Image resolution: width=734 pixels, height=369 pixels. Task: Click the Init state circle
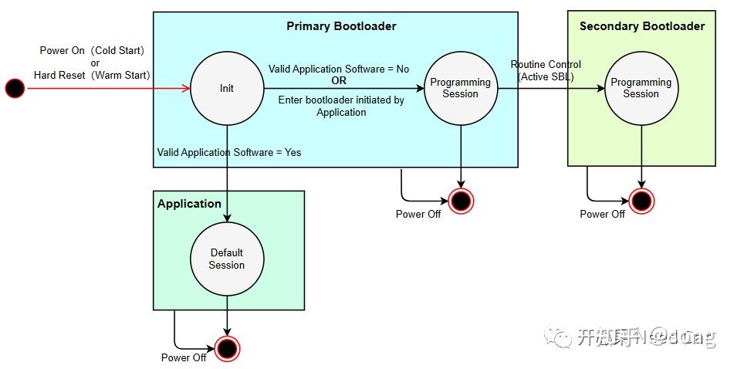[227, 89]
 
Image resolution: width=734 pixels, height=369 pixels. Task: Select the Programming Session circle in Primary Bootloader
[461, 89]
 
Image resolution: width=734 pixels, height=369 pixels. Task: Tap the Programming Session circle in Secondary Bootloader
[641, 89]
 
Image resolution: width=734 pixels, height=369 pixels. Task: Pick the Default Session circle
[227, 259]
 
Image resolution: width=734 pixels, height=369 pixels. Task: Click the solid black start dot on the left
[15, 89]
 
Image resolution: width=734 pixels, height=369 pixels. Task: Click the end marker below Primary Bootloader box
[461, 201]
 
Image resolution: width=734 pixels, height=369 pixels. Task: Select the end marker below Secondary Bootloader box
[641, 201]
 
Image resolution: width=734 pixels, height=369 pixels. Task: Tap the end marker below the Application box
[227, 349]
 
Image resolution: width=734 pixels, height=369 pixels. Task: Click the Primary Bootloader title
[341, 26]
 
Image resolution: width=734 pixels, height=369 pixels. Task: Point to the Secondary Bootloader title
[642, 26]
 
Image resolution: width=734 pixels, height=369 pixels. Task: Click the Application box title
[189, 204]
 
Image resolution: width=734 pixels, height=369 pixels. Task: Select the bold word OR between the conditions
[339, 80]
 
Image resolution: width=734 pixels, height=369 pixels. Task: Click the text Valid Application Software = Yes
[229, 152]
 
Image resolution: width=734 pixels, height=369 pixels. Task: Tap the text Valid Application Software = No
[339, 69]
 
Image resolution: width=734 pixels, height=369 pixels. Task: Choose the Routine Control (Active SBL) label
[546, 70]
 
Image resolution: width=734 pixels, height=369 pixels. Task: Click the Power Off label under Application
[184, 357]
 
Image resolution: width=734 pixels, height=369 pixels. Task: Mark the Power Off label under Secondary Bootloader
[603, 214]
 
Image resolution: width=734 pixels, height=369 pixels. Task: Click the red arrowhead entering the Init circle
[186, 89]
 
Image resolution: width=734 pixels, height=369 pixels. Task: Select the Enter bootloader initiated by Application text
[341, 106]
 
